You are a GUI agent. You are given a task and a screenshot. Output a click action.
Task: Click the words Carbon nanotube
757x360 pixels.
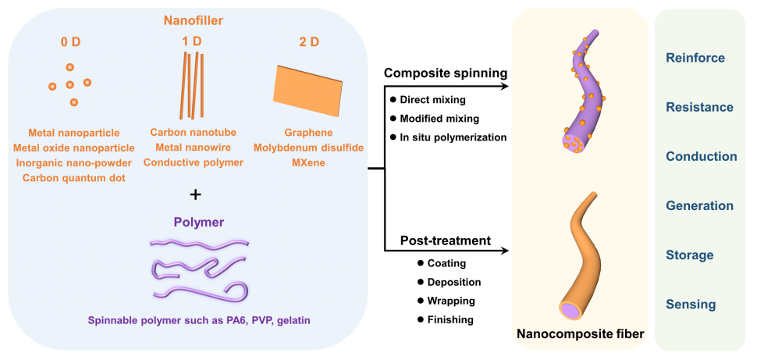pos(193,133)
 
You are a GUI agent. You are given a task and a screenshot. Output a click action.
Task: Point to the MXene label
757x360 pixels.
pos(308,162)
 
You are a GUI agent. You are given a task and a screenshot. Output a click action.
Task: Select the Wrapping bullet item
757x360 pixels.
pos(451,301)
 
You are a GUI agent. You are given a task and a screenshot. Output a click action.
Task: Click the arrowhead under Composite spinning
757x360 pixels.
pos(503,85)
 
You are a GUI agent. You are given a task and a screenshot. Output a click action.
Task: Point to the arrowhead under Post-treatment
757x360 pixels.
pos(503,251)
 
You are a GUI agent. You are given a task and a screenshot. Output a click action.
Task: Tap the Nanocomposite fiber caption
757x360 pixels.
pos(580,335)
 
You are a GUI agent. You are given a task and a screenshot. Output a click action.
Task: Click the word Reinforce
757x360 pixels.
pos(695,58)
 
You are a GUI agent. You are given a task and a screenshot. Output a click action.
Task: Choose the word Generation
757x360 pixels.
pos(699,206)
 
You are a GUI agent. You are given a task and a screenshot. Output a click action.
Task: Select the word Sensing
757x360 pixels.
pos(691,305)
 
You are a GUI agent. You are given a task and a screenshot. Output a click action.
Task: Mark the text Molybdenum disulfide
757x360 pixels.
pos(308,148)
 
